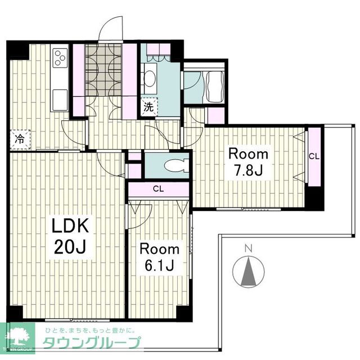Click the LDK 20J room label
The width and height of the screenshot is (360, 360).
pos(70,236)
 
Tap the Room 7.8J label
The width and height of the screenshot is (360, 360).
pos(248,162)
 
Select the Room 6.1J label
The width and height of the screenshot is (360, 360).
pos(160,258)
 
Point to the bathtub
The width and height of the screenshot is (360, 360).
pos(215,87)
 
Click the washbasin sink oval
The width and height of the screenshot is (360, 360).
pos(150,79)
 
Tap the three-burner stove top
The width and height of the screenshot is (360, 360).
pos(60,57)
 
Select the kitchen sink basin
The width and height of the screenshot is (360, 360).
pos(60,100)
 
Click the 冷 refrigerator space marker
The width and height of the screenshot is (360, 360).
pos(20,139)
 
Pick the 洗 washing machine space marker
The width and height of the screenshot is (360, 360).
pos(149,107)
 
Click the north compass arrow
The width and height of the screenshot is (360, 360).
pos(249,272)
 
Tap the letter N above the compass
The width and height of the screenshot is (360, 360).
pos(249,249)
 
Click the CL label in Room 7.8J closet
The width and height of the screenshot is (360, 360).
pos(314,156)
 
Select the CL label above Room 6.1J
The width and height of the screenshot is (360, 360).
pos(159,189)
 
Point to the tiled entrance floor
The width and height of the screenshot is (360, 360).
pos(103,70)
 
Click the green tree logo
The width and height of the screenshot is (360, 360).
pos(18,337)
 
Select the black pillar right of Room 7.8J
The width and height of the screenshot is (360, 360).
pos(314,198)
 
